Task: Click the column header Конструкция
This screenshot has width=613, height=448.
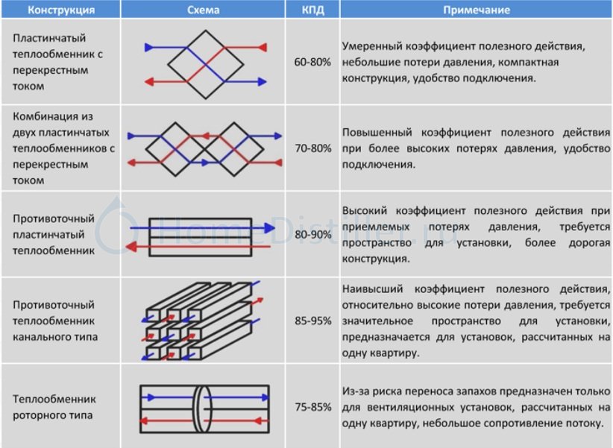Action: [61, 10]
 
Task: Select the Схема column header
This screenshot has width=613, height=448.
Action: [203, 10]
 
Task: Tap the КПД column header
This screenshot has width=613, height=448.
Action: [312, 10]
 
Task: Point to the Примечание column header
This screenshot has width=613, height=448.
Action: [477, 10]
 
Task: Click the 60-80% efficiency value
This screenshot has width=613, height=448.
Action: [312, 62]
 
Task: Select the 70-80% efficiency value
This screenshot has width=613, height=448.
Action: [312, 148]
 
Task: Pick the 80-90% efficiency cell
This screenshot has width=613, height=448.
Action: [312, 235]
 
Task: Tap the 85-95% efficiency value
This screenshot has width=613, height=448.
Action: [312, 321]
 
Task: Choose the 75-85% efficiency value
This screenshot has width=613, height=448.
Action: [312, 407]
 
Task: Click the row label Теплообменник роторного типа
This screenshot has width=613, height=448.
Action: [54, 407]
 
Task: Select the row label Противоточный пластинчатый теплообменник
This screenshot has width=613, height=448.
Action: [54, 235]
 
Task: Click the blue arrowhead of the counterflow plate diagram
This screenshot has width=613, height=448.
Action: [270, 228]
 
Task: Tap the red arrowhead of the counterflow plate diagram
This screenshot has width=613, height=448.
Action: [131, 247]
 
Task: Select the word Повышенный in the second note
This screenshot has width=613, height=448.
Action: [377, 133]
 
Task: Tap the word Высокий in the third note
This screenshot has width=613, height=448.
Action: [365, 211]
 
